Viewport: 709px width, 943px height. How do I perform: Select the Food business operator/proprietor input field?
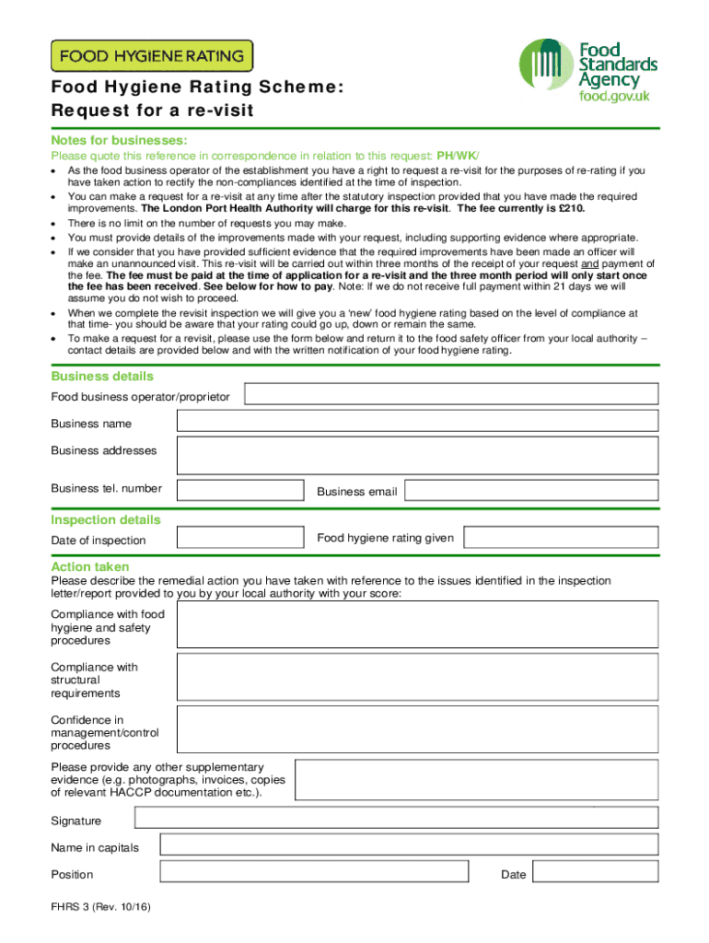(x=450, y=394)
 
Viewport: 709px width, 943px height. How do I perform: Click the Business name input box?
(x=417, y=421)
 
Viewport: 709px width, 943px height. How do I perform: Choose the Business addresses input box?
(x=417, y=455)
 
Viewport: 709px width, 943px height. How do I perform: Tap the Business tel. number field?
(x=240, y=490)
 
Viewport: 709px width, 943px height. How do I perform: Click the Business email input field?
(x=531, y=490)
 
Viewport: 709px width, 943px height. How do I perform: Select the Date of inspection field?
(x=240, y=537)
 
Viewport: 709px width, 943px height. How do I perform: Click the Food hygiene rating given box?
(x=560, y=537)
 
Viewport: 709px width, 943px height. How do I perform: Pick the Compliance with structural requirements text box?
(x=417, y=677)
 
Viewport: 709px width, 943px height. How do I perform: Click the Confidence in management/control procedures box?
(x=417, y=729)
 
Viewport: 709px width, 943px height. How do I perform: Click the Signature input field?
(x=396, y=818)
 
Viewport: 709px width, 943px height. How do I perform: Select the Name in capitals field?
(x=409, y=844)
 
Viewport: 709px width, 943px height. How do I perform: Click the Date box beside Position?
(x=595, y=872)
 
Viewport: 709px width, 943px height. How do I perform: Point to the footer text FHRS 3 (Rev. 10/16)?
(x=100, y=907)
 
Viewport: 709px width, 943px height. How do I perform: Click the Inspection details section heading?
(x=106, y=519)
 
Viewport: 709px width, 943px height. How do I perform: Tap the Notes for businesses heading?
(x=120, y=140)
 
